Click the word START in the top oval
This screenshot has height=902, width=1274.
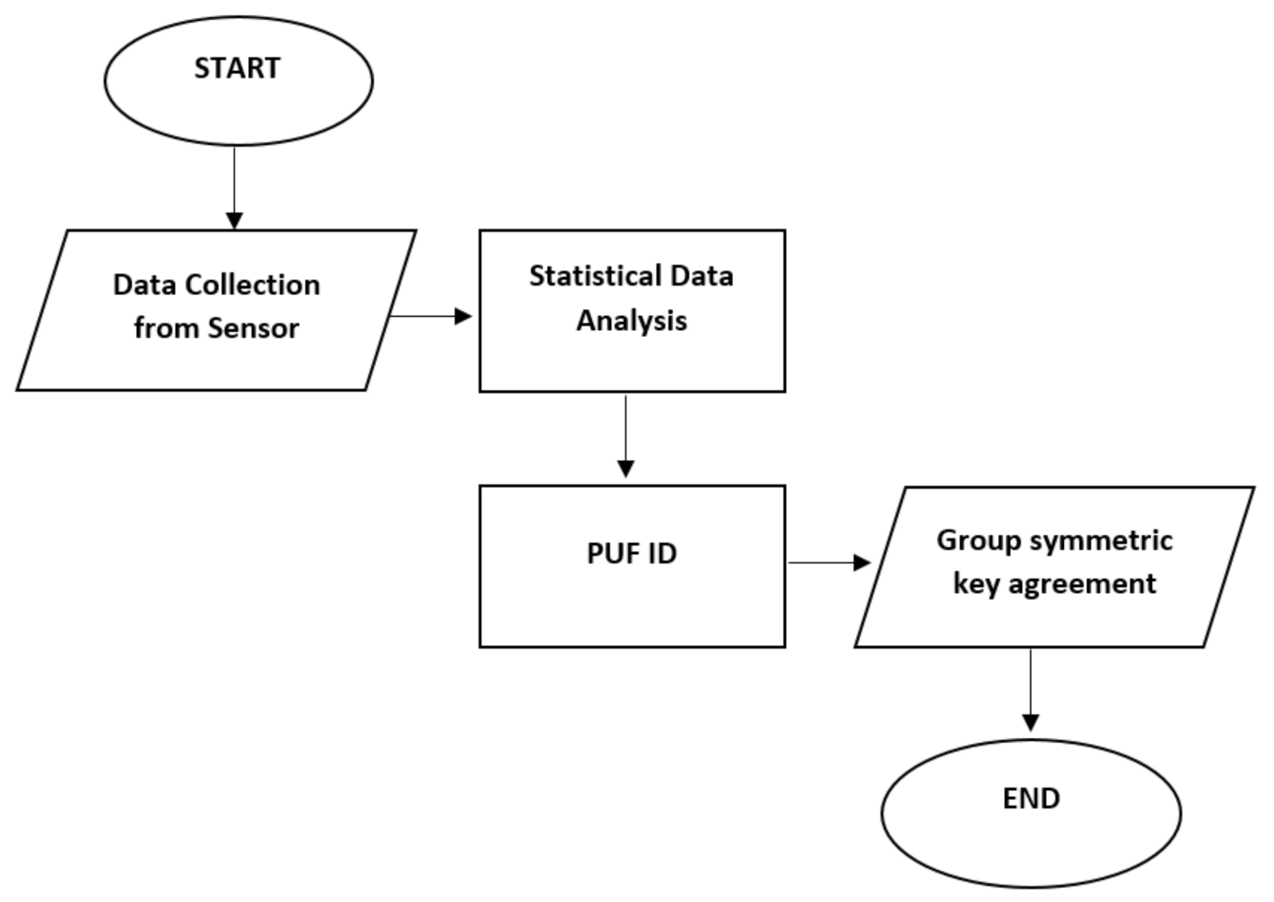[x=237, y=68]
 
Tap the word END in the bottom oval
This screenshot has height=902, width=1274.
[x=1030, y=798]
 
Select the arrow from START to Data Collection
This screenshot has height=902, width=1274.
[x=234, y=187]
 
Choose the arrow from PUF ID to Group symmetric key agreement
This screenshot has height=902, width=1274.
[x=828, y=562]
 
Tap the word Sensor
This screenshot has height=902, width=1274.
[x=253, y=328]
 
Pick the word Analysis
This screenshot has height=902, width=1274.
[x=631, y=321]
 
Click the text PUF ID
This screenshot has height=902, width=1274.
[x=631, y=553]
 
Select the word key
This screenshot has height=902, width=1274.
[x=976, y=584]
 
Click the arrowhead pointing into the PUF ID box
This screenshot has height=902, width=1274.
[x=626, y=469]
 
